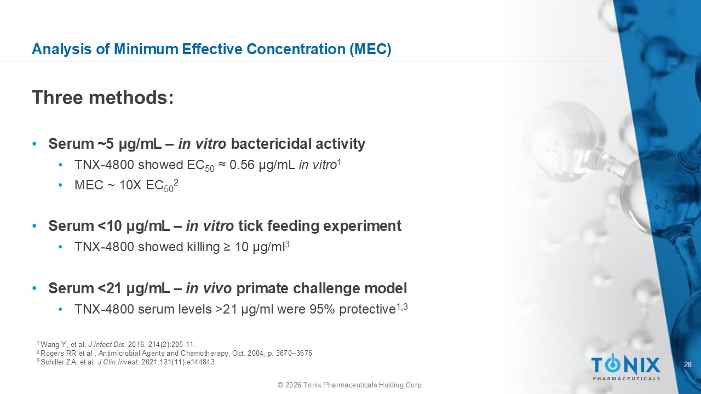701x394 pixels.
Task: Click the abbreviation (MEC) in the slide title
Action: pos(371,49)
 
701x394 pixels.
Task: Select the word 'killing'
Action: pos(203,247)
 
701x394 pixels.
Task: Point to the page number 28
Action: pos(688,364)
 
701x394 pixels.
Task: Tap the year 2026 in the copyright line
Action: pos(293,385)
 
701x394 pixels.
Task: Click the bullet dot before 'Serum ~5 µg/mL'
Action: pos(35,144)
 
